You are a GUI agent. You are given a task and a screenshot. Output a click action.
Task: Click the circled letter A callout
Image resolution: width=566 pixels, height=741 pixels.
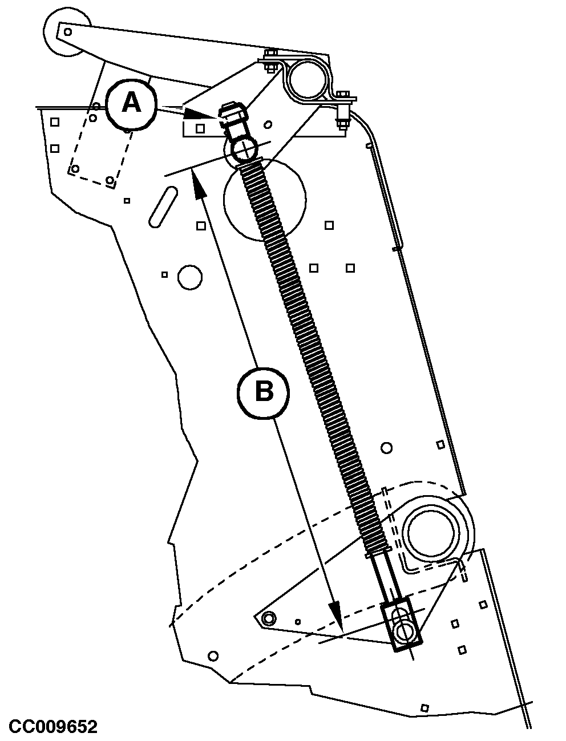(132, 104)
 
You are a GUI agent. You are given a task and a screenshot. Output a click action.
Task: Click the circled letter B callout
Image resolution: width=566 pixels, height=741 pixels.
(263, 392)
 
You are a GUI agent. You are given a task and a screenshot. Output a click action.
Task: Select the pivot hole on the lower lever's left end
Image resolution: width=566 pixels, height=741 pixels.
(268, 618)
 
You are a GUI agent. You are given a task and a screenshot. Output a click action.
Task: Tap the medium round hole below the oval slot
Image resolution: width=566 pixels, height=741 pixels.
(190, 277)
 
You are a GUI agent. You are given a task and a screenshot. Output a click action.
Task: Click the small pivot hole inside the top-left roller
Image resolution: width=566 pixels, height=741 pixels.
(67, 32)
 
